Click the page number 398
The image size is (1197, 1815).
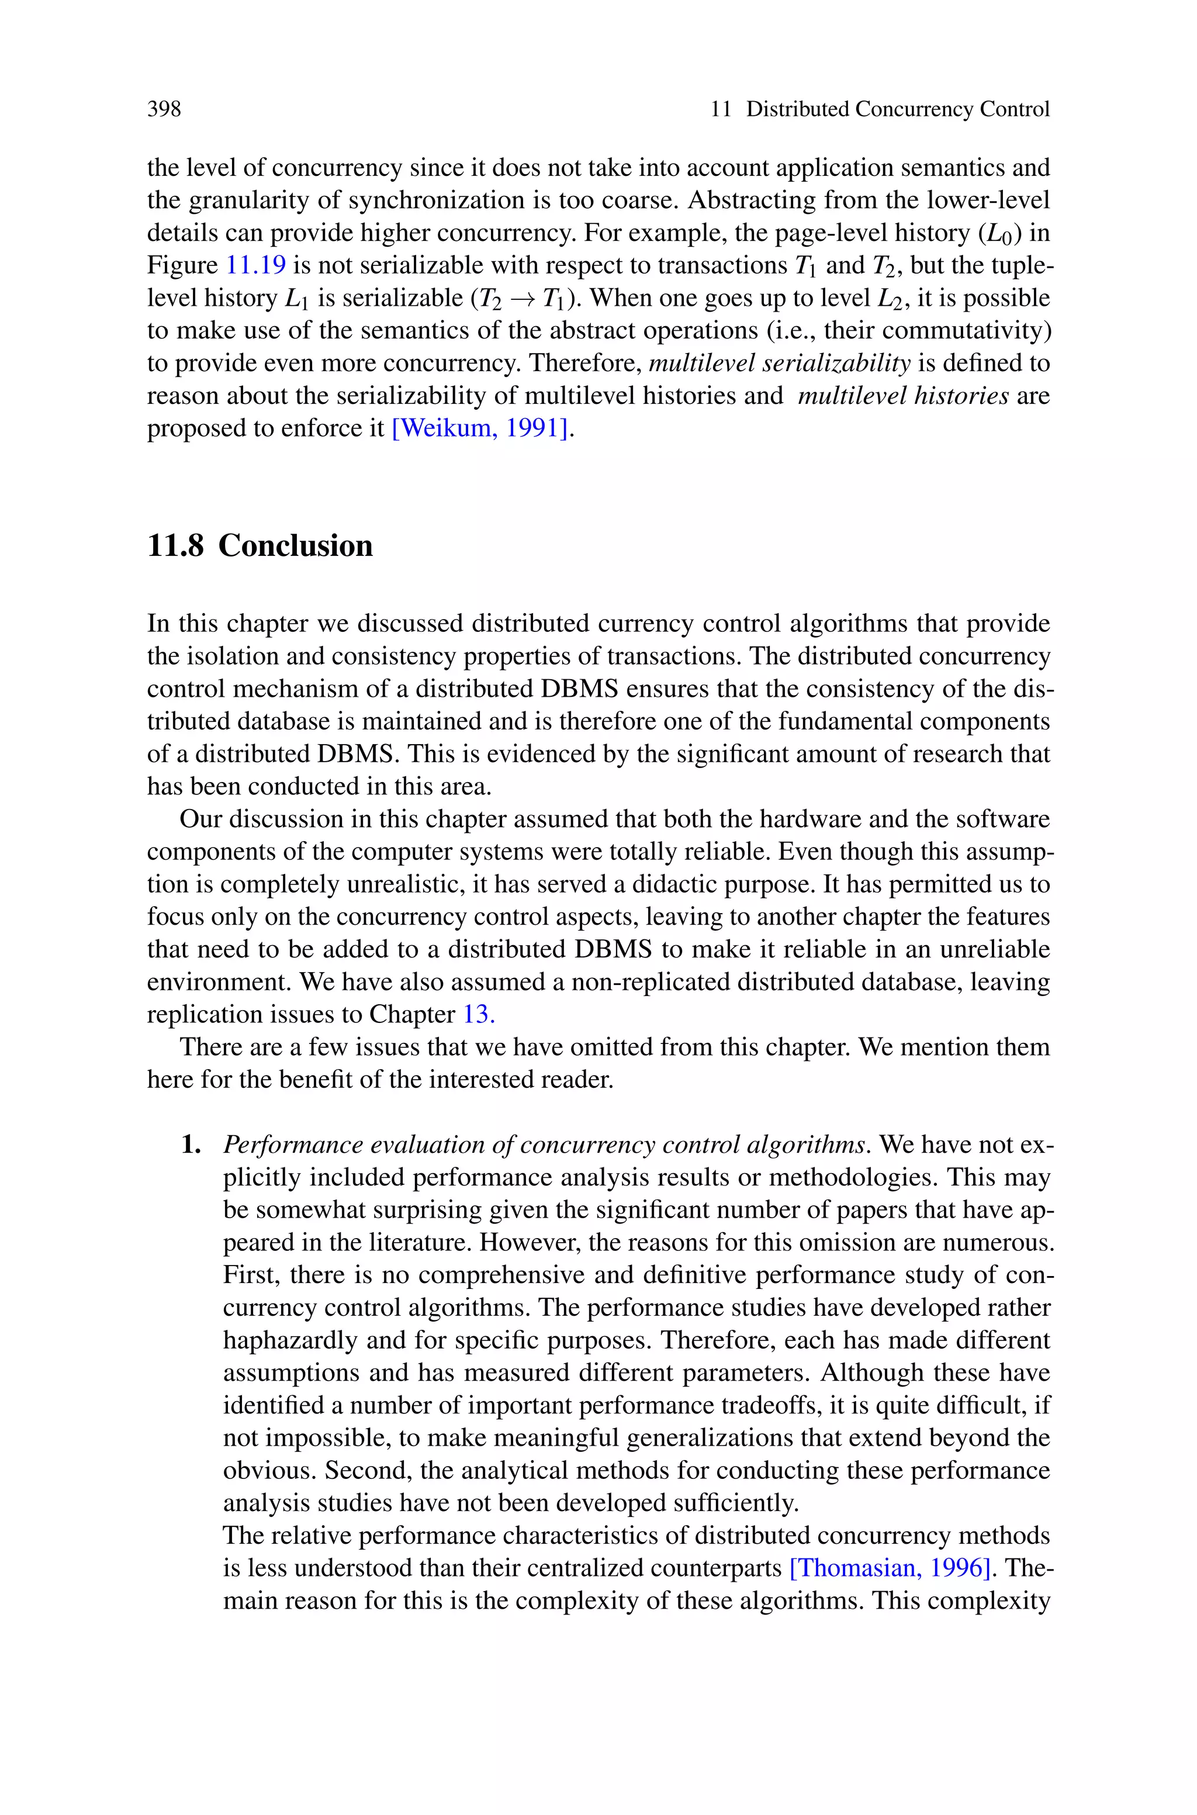pyautogui.click(x=164, y=109)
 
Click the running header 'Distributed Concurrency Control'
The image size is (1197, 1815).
pyautogui.click(x=897, y=109)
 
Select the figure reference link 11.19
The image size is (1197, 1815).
pyautogui.click(x=257, y=265)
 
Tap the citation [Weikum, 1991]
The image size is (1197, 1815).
pyautogui.click(x=480, y=428)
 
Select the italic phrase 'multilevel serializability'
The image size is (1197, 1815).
pyautogui.click(x=780, y=364)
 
